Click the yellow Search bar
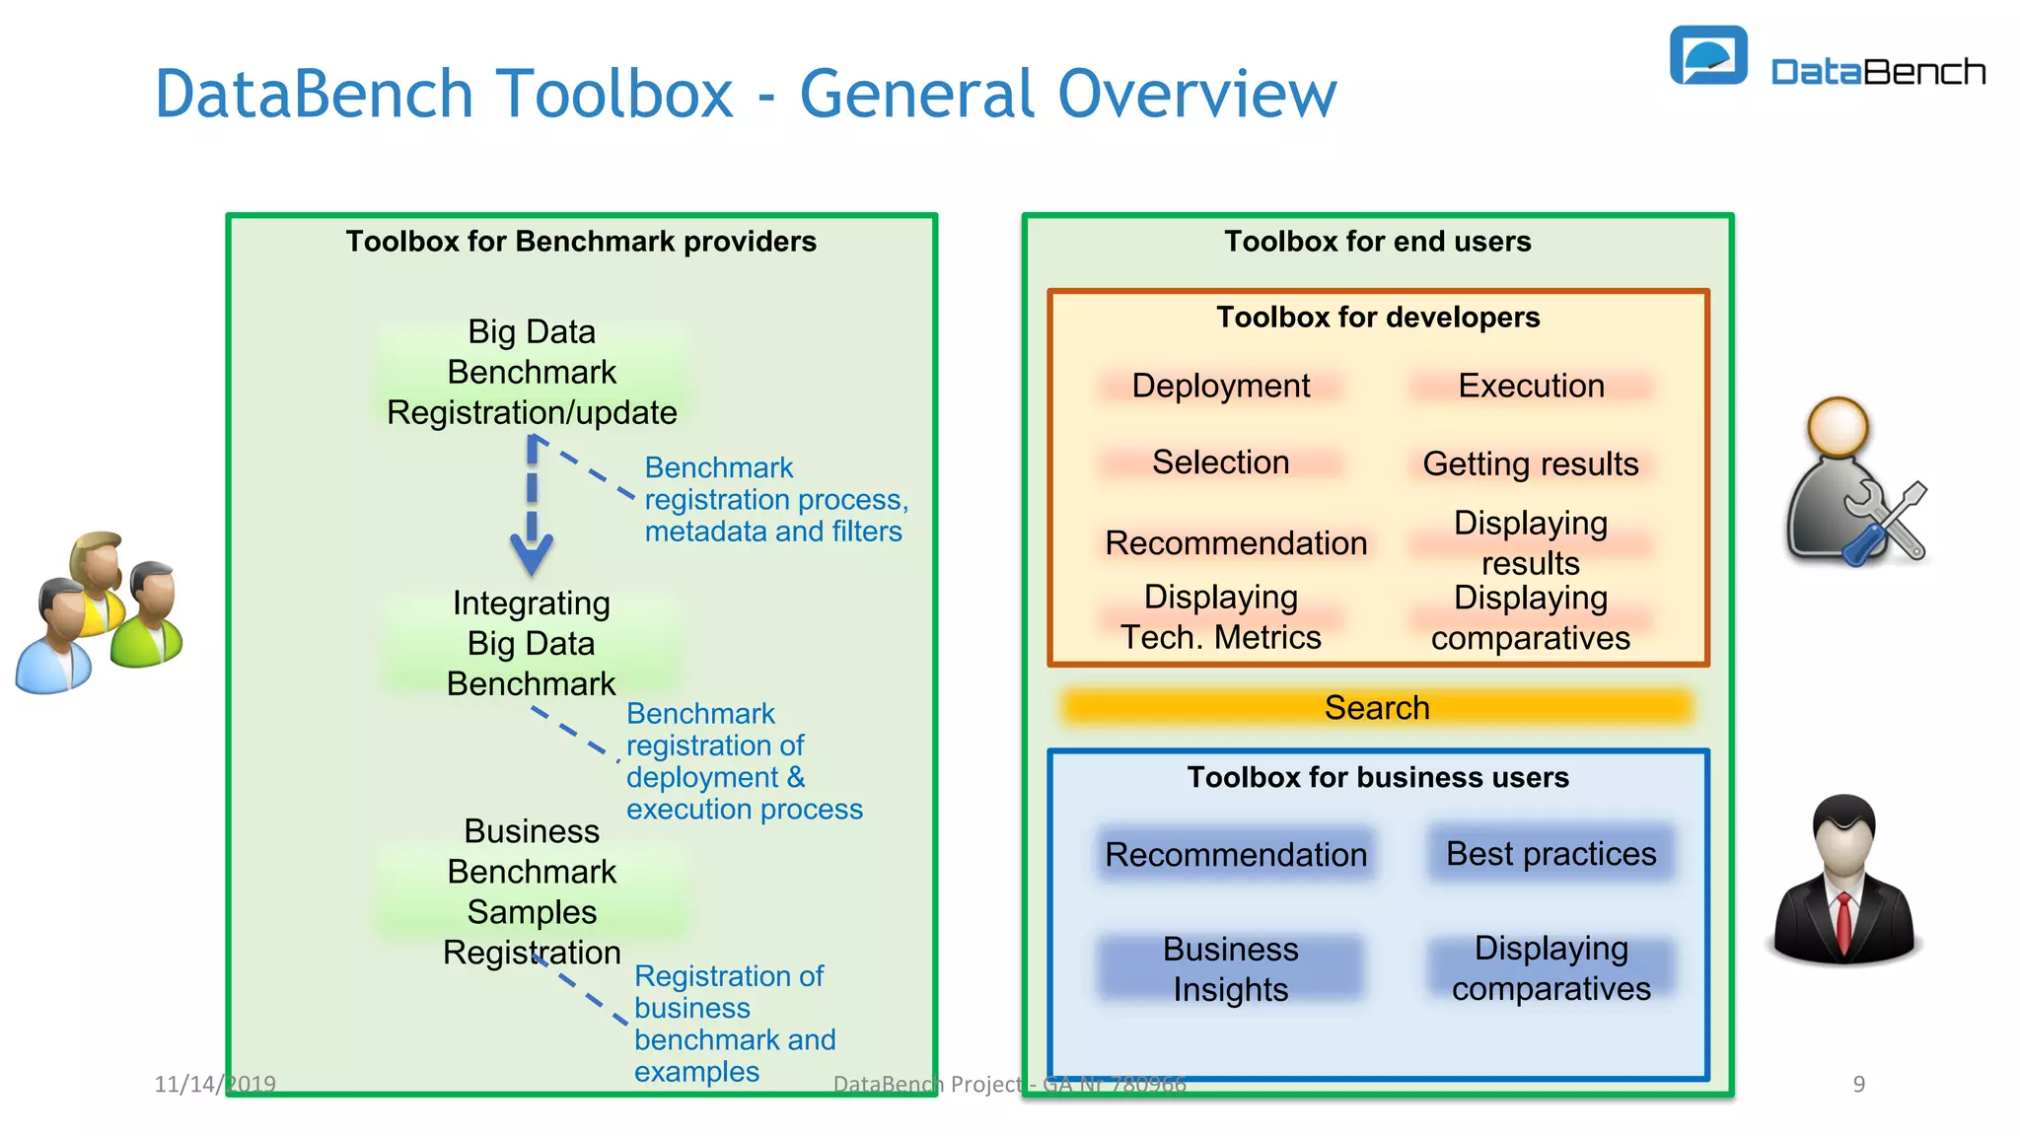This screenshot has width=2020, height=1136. (1376, 707)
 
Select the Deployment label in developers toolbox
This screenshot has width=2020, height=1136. (1220, 386)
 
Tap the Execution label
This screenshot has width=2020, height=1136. (1531, 386)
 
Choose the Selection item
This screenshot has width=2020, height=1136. (1220, 462)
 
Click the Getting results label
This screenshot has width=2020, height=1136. (1530, 463)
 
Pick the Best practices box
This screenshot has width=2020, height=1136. (1551, 854)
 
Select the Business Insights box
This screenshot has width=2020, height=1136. (1230, 968)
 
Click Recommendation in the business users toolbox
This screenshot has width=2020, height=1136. (1235, 854)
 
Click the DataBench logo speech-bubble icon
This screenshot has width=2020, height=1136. (1707, 56)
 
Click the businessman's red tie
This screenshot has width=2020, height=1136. (1842, 917)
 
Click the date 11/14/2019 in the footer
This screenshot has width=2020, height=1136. (215, 1084)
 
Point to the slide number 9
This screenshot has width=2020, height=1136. (1858, 1084)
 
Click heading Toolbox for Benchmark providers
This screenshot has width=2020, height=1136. (581, 242)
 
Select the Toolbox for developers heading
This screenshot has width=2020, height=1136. (1377, 318)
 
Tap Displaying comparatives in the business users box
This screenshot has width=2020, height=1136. (1551, 968)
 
